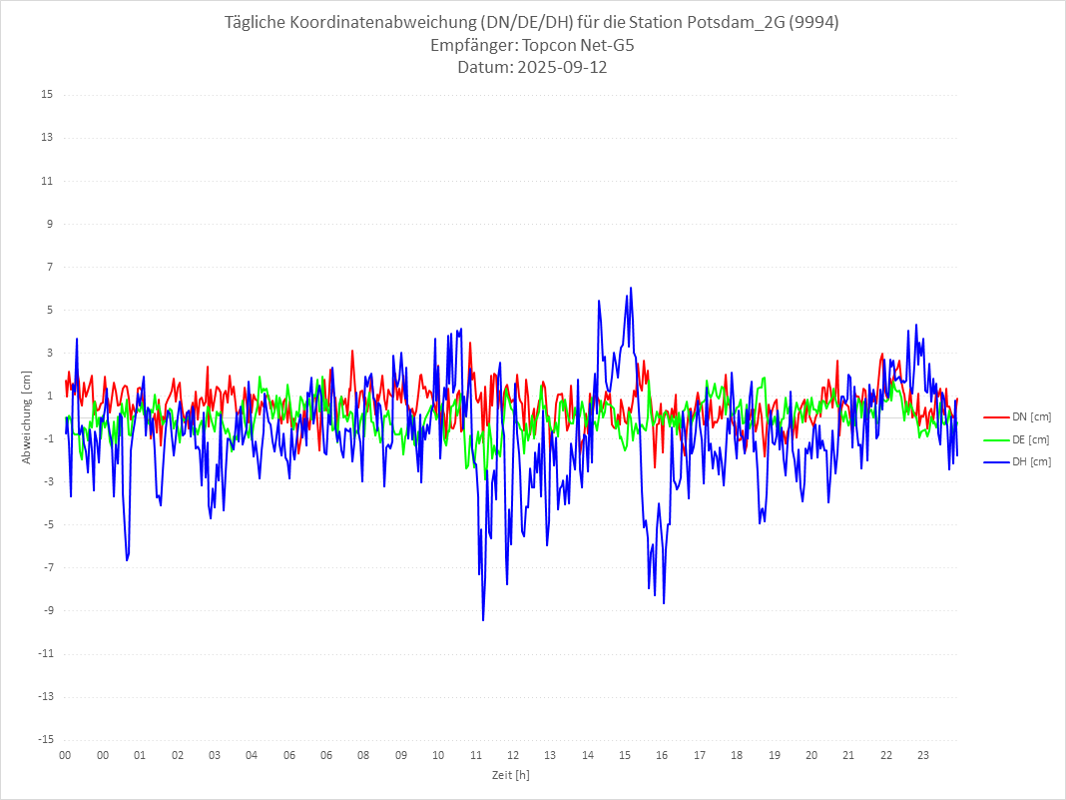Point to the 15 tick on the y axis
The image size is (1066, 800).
coord(47,95)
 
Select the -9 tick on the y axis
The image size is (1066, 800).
coord(47,610)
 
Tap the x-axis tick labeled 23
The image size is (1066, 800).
coord(923,755)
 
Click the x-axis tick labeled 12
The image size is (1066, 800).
coord(513,755)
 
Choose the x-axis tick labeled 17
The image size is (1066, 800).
coord(700,755)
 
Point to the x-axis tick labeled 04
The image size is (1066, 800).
coord(252,755)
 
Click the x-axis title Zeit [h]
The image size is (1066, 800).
coord(510,774)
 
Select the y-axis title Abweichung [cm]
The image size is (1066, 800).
coord(27,416)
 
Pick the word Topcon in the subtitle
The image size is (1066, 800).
coord(553,45)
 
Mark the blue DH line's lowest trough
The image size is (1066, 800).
coord(483,620)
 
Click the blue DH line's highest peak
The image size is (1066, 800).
coord(631,288)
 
